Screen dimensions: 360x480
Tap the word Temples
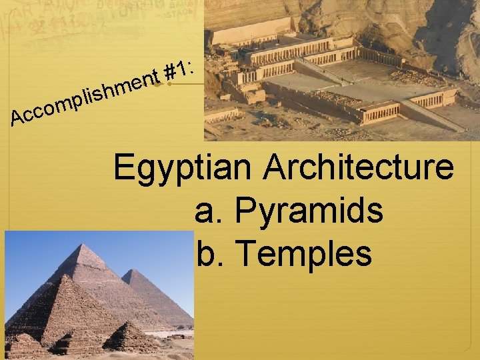pos(303,253)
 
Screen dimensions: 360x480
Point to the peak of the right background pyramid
pos(133,270)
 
